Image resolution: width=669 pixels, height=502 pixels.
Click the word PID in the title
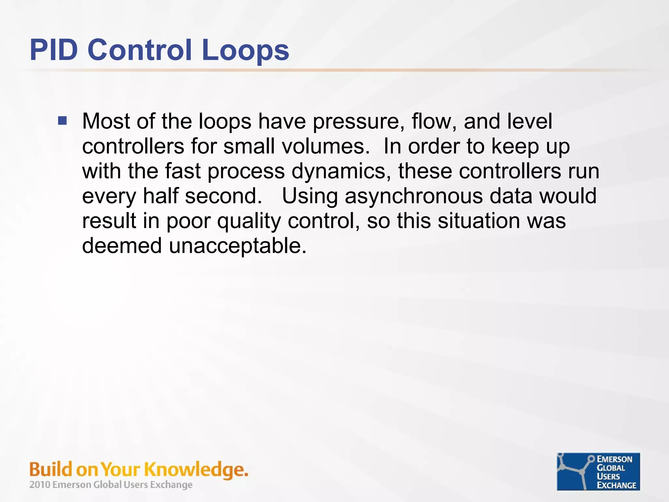pyautogui.click(x=54, y=50)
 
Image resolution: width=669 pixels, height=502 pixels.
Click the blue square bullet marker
pyautogui.click(x=62, y=121)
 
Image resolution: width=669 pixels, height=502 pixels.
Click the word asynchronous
pyautogui.click(x=414, y=197)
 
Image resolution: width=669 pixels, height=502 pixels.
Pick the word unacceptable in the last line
pyautogui.click(x=237, y=246)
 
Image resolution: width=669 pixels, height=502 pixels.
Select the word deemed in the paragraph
pyautogui.click(x=122, y=246)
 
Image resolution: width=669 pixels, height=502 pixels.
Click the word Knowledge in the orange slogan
pyautogui.click(x=196, y=470)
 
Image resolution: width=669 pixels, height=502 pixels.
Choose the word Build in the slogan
pyautogui.click(x=51, y=470)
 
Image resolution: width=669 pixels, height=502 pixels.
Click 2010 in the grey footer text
pyautogui.click(x=40, y=485)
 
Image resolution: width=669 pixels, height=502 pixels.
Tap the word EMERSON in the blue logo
pyautogui.click(x=614, y=459)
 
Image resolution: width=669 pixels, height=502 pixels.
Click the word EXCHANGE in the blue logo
pyautogui.click(x=616, y=485)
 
